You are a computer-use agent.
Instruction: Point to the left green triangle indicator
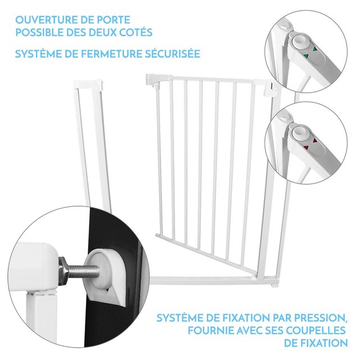[306, 56]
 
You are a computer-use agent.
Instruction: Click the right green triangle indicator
[314, 49]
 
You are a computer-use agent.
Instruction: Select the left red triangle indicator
[306, 147]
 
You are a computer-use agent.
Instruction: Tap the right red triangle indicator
[315, 141]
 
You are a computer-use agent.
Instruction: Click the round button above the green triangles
[300, 42]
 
